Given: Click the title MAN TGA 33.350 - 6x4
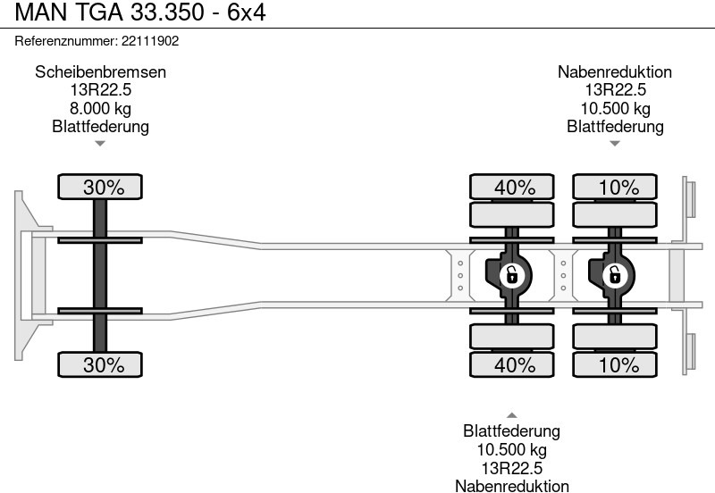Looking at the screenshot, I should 134,13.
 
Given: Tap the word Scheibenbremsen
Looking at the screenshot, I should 100,72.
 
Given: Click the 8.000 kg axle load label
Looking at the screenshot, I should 100,108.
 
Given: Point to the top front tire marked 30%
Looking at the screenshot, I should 100,188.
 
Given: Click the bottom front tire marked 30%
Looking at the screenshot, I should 100,364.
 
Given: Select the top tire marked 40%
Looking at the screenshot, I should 512,188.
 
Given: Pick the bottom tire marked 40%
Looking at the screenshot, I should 512,364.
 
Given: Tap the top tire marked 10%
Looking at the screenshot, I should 615,188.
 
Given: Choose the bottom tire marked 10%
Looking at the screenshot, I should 615,364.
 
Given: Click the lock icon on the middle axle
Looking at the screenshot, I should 511,275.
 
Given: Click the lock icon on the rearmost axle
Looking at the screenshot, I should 615,275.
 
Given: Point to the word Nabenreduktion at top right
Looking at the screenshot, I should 615,72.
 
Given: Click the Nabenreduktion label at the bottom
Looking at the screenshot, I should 512,485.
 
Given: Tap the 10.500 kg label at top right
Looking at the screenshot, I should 615,108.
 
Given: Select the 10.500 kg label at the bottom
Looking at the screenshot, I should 512,449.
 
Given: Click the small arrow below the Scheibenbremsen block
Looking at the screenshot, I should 100,143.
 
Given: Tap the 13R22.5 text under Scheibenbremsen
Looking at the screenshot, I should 100,90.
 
